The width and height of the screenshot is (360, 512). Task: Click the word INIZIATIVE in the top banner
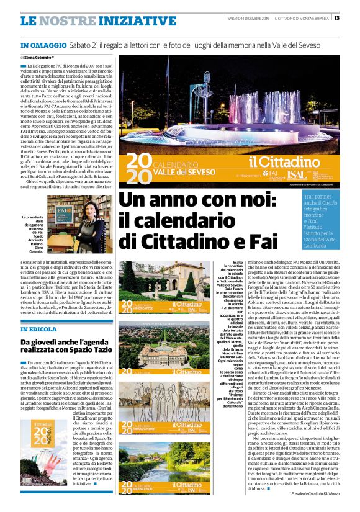point(130,21)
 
